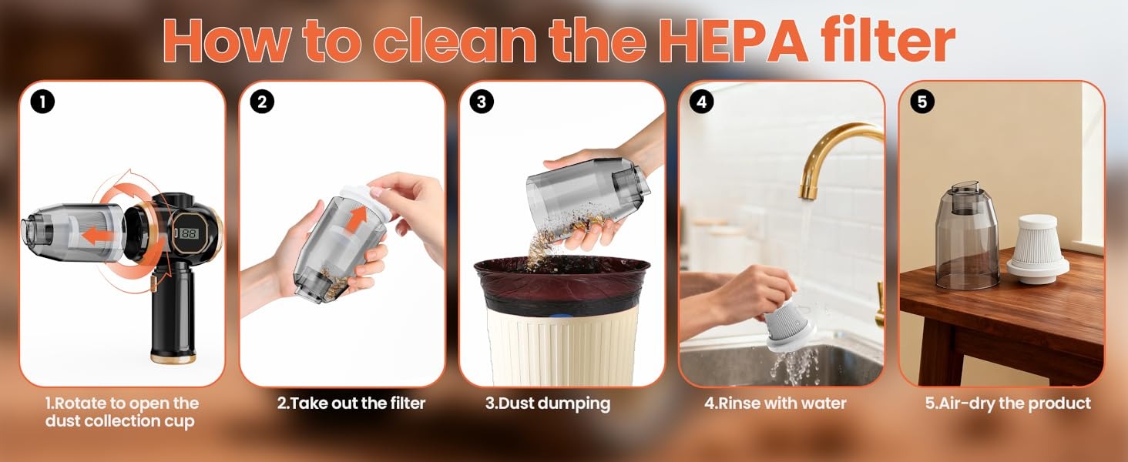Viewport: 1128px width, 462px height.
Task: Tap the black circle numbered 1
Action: point(42,102)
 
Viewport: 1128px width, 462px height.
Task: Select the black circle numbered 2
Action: point(262,102)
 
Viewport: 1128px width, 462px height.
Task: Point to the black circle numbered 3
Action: point(482,102)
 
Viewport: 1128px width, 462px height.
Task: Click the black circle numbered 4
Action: point(701,102)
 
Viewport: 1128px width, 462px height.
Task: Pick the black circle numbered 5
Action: point(922,102)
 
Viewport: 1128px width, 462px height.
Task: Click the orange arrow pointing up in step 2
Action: point(357,217)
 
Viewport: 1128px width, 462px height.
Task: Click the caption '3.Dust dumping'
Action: point(548,403)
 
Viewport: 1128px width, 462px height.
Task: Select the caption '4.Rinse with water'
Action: point(775,403)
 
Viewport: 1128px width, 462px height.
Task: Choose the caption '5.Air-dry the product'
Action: point(1008,403)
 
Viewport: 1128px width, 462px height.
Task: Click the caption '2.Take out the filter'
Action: point(351,403)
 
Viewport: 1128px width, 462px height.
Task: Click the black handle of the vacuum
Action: point(173,312)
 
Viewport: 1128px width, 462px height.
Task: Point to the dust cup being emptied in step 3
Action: point(586,199)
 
